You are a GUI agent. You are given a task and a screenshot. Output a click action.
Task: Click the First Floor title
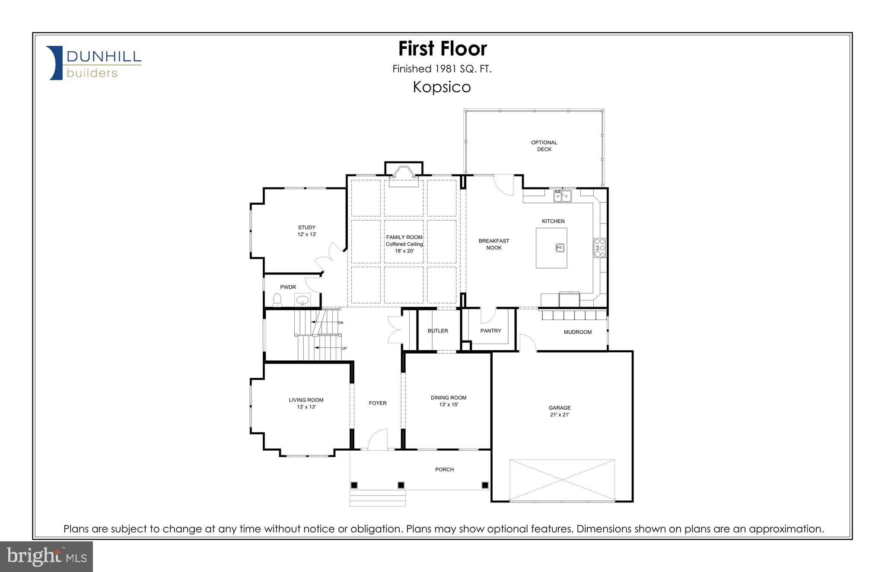[x=442, y=48]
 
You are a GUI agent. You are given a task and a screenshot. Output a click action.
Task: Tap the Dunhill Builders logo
[x=94, y=63]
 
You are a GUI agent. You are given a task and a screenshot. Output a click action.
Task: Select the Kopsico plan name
[x=442, y=87]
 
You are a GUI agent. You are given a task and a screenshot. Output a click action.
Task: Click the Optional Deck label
[x=544, y=145]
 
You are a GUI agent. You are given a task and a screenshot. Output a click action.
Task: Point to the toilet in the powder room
[x=277, y=299]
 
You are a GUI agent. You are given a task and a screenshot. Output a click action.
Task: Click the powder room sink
[x=302, y=299]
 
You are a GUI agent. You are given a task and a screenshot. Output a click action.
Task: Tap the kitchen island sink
[x=560, y=248]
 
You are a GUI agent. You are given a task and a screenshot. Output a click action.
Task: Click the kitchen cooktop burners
[x=600, y=248]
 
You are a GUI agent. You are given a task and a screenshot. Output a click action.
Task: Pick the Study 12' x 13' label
[x=306, y=231]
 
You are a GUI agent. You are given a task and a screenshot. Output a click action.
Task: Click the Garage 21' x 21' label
[x=560, y=411]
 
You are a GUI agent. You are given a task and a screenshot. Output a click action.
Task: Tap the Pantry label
[x=490, y=331]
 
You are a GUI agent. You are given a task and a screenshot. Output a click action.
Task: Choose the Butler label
[x=437, y=331]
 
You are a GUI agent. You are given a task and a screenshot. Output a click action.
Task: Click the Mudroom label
[x=577, y=332]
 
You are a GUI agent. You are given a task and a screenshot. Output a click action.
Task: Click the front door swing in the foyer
[x=377, y=439]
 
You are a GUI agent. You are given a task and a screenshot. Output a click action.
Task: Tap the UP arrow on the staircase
[x=328, y=348]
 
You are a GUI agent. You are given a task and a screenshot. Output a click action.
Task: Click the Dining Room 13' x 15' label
[x=448, y=401]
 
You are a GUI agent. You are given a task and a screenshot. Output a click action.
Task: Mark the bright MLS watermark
[x=47, y=556]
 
